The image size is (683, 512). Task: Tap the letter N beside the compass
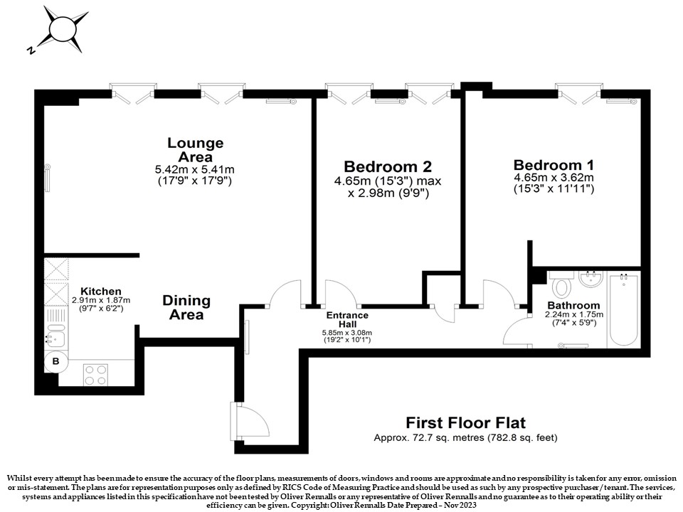(x=31, y=50)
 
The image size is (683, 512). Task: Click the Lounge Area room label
(x=196, y=149)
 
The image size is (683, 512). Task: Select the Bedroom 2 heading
(x=388, y=166)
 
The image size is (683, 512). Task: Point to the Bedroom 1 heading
(x=554, y=165)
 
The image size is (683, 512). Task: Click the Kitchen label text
(x=101, y=292)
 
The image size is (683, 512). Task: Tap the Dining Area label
(x=186, y=307)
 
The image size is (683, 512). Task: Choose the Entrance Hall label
(x=347, y=319)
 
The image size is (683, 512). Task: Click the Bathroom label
(x=573, y=305)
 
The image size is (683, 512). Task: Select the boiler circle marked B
(x=55, y=361)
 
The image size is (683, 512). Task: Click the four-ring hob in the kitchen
(x=96, y=375)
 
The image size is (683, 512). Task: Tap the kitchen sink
(x=55, y=336)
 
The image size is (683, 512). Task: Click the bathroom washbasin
(x=591, y=279)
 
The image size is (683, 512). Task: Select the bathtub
(x=624, y=309)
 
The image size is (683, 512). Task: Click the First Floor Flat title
(x=465, y=422)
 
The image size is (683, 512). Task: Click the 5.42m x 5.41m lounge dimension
(x=195, y=169)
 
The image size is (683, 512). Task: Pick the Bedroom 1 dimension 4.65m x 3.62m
(x=554, y=178)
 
